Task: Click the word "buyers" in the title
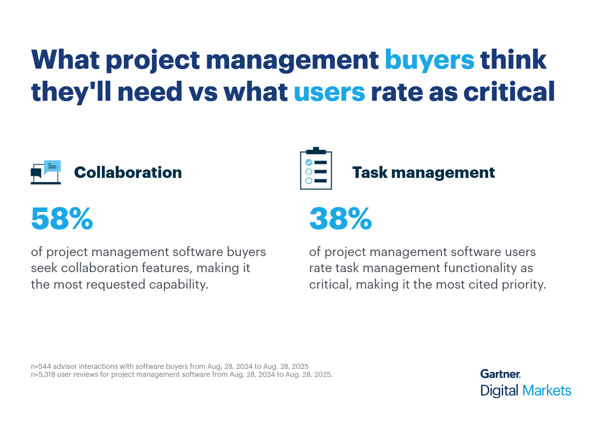(x=429, y=60)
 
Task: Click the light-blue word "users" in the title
(x=329, y=92)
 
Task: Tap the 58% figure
(x=62, y=219)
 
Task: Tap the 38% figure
(x=341, y=219)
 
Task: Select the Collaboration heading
(x=128, y=172)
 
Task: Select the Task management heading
(x=423, y=172)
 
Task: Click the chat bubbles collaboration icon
(x=46, y=172)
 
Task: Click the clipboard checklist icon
(x=316, y=169)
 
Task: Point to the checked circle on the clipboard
(x=309, y=162)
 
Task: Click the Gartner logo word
(x=500, y=374)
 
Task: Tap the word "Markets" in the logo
(x=546, y=390)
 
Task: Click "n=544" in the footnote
(x=42, y=366)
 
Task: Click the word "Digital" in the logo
(x=499, y=390)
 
